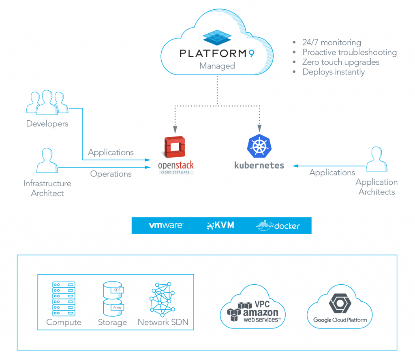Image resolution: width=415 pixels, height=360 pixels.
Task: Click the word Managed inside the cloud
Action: pos(217,66)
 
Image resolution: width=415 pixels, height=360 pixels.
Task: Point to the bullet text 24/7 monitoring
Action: pos(331,42)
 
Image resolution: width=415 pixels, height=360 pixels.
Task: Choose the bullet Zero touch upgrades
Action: pos(340,62)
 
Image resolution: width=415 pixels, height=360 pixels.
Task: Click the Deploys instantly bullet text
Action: pos(333,72)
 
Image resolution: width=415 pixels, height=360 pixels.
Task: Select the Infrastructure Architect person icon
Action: pos(47,161)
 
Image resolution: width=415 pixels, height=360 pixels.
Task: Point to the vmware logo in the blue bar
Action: pos(166,226)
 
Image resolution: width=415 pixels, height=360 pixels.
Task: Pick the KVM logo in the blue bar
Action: pos(220,226)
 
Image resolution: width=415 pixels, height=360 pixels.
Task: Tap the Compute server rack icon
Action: pos(64,299)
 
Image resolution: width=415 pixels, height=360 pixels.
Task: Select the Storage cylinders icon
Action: pos(112,299)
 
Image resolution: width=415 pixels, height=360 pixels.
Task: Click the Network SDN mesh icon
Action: pos(163,299)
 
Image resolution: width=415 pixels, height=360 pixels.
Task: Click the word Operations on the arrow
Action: pos(111,174)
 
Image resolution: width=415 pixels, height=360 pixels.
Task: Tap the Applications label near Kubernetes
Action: pos(332,173)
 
